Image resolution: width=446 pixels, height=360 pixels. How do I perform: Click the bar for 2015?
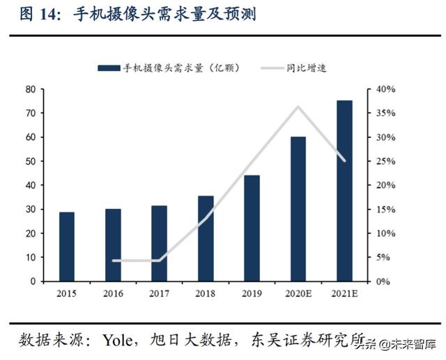[67, 246]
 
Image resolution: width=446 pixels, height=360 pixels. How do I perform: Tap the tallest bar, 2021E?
[344, 191]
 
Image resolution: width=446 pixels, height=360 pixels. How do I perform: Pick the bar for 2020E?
[298, 209]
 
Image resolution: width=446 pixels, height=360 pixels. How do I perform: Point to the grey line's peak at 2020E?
[298, 107]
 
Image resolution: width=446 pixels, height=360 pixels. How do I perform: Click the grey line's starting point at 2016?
[113, 260]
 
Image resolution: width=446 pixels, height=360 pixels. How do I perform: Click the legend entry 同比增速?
[306, 68]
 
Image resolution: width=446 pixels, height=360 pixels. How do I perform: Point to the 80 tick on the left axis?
[31, 89]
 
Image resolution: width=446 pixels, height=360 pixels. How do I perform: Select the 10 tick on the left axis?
[31, 258]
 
